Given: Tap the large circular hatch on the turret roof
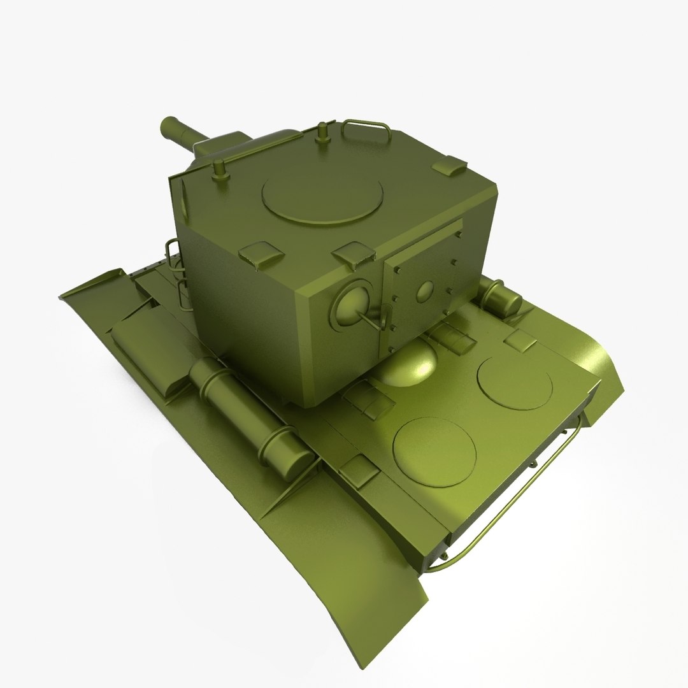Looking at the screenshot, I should [x=322, y=195].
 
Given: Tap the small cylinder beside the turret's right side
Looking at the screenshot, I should [x=501, y=299].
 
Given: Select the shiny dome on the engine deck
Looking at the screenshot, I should [x=410, y=364].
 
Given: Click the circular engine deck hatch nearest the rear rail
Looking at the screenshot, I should [x=434, y=450].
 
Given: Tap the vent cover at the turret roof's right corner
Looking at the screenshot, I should [x=450, y=167].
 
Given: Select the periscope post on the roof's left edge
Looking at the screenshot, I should [x=220, y=171].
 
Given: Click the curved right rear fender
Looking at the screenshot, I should [x=602, y=376].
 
